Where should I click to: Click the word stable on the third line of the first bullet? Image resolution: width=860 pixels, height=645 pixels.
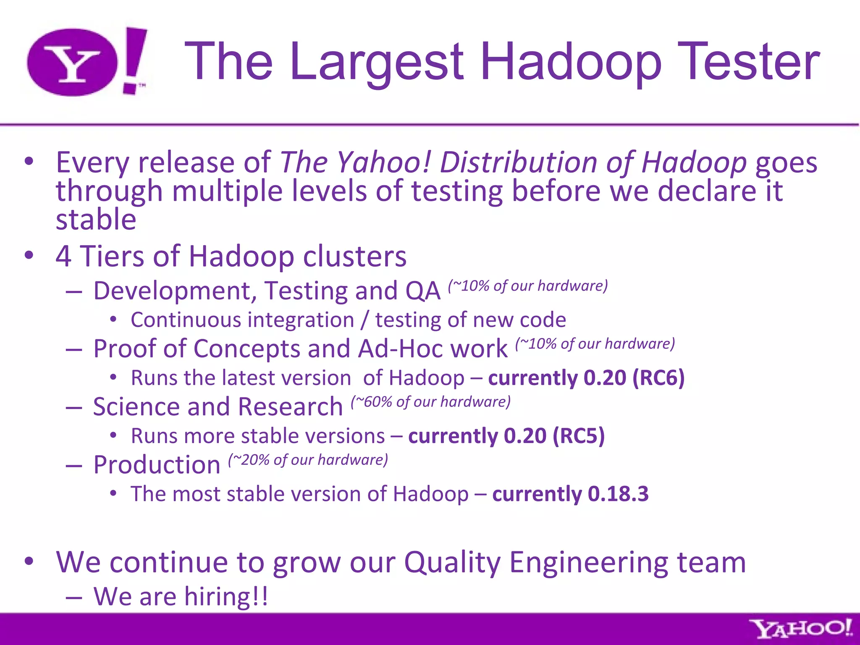click(96, 220)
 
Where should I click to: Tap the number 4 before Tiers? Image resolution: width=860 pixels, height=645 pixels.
click(63, 256)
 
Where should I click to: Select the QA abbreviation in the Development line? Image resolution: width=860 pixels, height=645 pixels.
click(423, 291)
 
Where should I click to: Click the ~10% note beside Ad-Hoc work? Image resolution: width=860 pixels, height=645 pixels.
click(595, 344)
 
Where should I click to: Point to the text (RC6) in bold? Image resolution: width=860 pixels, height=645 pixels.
click(658, 378)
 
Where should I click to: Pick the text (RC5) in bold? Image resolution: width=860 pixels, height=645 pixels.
click(579, 435)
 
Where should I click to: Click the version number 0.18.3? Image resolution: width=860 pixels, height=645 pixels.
click(618, 493)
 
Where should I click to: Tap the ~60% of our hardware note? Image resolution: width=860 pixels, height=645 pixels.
click(431, 402)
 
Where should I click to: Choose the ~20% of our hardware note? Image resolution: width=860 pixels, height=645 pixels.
click(308, 460)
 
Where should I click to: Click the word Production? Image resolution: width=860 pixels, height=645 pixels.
click(157, 465)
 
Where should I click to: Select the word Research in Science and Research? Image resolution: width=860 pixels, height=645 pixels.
click(291, 407)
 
